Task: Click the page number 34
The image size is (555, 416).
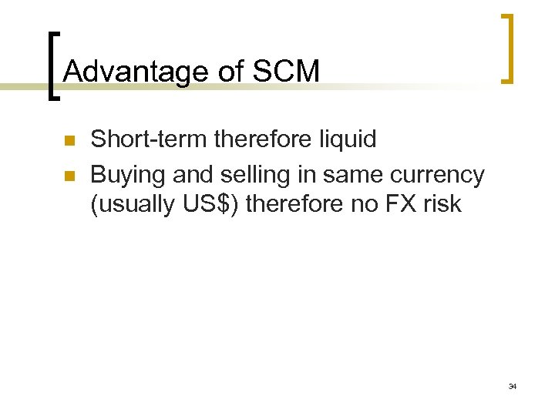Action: pyautogui.click(x=513, y=385)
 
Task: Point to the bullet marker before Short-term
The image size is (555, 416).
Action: pyautogui.click(x=69, y=141)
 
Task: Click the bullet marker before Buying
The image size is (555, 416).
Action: pyautogui.click(x=69, y=176)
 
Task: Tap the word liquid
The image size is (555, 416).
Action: pyautogui.click(x=348, y=139)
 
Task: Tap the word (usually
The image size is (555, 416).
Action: pyautogui.click(x=125, y=205)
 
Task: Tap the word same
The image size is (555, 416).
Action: pyautogui.click(x=353, y=176)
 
